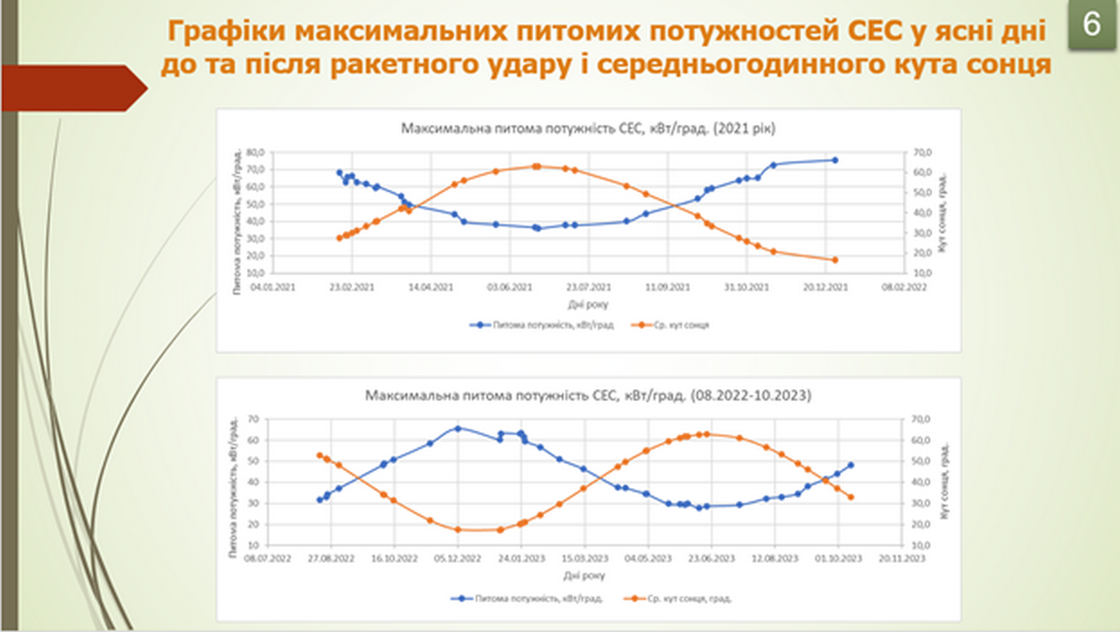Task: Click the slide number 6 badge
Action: [1091, 24]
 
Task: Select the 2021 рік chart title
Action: [588, 128]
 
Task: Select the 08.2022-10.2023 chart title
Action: [588, 395]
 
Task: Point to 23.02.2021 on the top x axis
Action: [351, 288]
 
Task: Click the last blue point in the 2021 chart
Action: [835, 160]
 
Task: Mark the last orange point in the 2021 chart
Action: [835, 259]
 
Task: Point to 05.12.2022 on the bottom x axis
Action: [458, 557]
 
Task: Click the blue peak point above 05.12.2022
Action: [458, 428]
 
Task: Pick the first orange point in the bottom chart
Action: [319, 455]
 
